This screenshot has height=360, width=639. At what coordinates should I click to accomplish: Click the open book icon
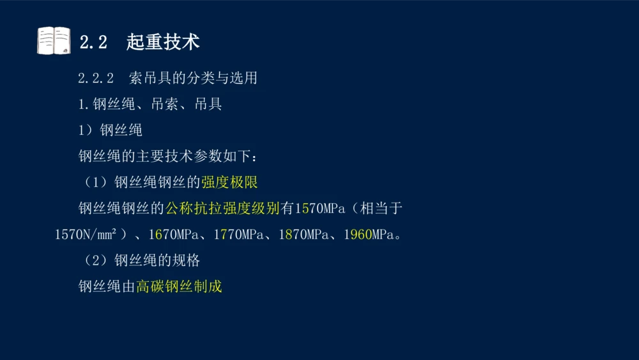(x=54, y=41)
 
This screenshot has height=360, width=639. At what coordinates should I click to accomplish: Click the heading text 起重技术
(x=163, y=42)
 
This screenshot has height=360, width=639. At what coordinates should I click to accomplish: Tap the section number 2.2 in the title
(x=93, y=43)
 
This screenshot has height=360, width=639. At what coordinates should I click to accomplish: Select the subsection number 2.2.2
(x=96, y=79)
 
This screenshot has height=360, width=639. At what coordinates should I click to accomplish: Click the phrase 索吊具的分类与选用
(x=193, y=78)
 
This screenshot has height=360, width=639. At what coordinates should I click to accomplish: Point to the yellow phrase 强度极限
(x=229, y=182)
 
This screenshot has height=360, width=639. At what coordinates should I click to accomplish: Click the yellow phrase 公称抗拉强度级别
(x=222, y=208)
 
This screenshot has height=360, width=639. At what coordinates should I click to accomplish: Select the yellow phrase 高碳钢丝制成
(x=179, y=286)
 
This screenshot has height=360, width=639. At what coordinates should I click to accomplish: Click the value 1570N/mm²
(x=86, y=235)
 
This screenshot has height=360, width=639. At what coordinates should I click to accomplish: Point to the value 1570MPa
(x=320, y=208)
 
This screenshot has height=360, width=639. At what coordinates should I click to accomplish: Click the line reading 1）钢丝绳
(x=110, y=130)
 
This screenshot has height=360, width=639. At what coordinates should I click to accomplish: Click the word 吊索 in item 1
(x=164, y=104)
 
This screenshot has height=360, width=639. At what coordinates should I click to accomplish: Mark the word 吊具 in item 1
(x=208, y=104)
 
